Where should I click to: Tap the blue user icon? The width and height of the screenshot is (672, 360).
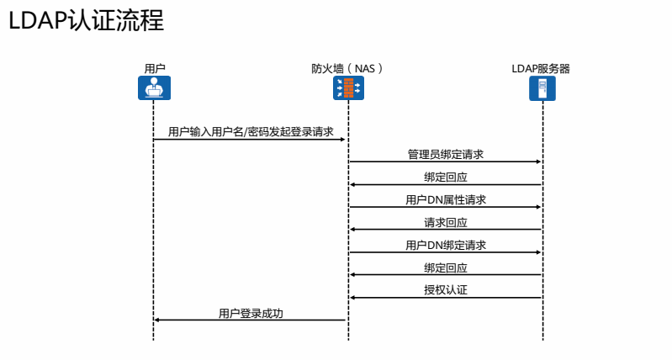[x=154, y=88]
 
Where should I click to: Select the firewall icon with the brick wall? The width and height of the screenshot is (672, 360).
[x=348, y=88]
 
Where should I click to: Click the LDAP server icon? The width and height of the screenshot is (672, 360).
[x=542, y=88]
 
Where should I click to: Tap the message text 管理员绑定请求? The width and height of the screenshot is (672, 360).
[x=445, y=155]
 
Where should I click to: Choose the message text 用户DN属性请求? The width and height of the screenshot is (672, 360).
[x=445, y=200]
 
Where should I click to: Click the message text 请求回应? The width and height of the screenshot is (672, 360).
[x=445, y=223]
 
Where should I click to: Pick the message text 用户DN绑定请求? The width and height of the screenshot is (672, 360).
[x=445, y=246]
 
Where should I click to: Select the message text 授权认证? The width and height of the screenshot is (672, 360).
[x=445, y=291]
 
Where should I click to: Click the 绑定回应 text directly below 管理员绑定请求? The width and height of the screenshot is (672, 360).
[x=445, y=177]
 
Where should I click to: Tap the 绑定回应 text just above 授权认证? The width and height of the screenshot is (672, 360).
[x=445, y=268]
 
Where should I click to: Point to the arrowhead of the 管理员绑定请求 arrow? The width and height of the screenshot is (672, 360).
[x=537, y=161]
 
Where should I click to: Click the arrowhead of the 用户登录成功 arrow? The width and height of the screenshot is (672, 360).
[x=158, y=320]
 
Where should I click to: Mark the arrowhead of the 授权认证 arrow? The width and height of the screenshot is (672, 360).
[x=353, y=297]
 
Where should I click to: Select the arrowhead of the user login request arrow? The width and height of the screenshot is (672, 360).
[x=343, y=139]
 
